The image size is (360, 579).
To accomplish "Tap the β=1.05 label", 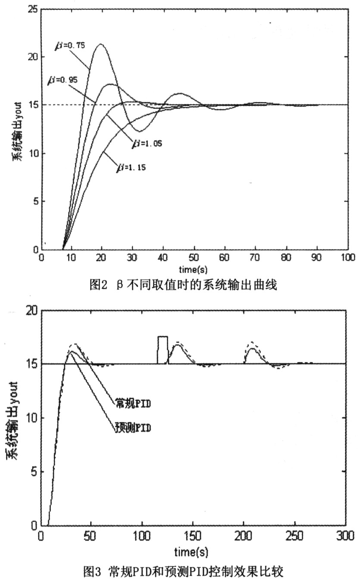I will (147, 142).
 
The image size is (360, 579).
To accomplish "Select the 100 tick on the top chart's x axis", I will (347, 258).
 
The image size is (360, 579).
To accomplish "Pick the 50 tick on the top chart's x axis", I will (194, 258).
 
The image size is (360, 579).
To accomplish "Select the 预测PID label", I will (133, 428).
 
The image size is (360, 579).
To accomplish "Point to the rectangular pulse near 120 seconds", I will (163, 349).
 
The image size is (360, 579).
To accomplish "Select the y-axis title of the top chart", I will (16, 130).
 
